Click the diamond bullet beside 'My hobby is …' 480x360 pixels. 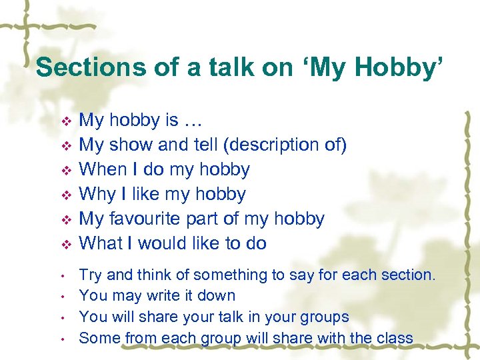[x=65, y=121]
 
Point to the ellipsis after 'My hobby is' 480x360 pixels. [x=193, y=121]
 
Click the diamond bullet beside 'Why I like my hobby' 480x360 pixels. [x=65, y=195]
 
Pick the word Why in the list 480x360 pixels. [x=95, y=194]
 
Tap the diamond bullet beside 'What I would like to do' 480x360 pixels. [x=65, y=245]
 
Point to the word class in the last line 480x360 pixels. [x=394, y=338]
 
